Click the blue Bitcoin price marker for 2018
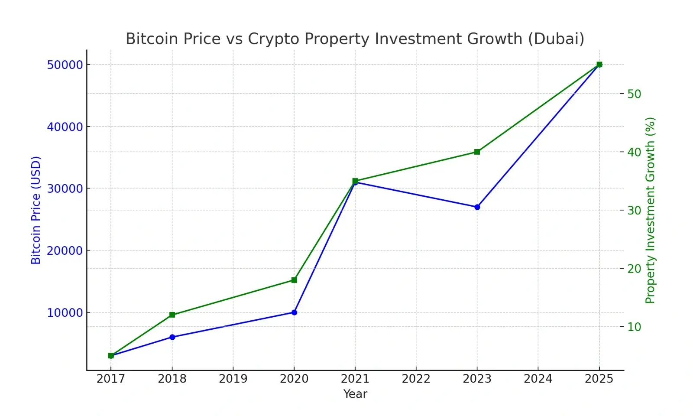(x=172, y=337)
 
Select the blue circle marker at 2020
(x=295, y=312)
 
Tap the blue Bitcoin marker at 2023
(x=477, y=207)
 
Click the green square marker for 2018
(x=172, y=315)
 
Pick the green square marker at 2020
(x=295, y=280)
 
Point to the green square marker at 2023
(x=477, y=152)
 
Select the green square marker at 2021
(x=355, y=181)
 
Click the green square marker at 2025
(x=599, y=65)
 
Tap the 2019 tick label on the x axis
(x=233, y=379)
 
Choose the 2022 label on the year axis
(x=416, y=379)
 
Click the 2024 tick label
(x=538, y=379)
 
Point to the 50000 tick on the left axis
(x=65, y=65)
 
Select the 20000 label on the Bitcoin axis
(x=65, y=251)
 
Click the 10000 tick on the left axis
(x=65, y=313)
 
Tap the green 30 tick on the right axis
(x=634, y=211)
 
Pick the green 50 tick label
(x=634, y=94)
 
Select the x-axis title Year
(x=355, y=394)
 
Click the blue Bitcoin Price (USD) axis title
(x=36, y=210)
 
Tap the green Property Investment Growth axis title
(x=651, y=210)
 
